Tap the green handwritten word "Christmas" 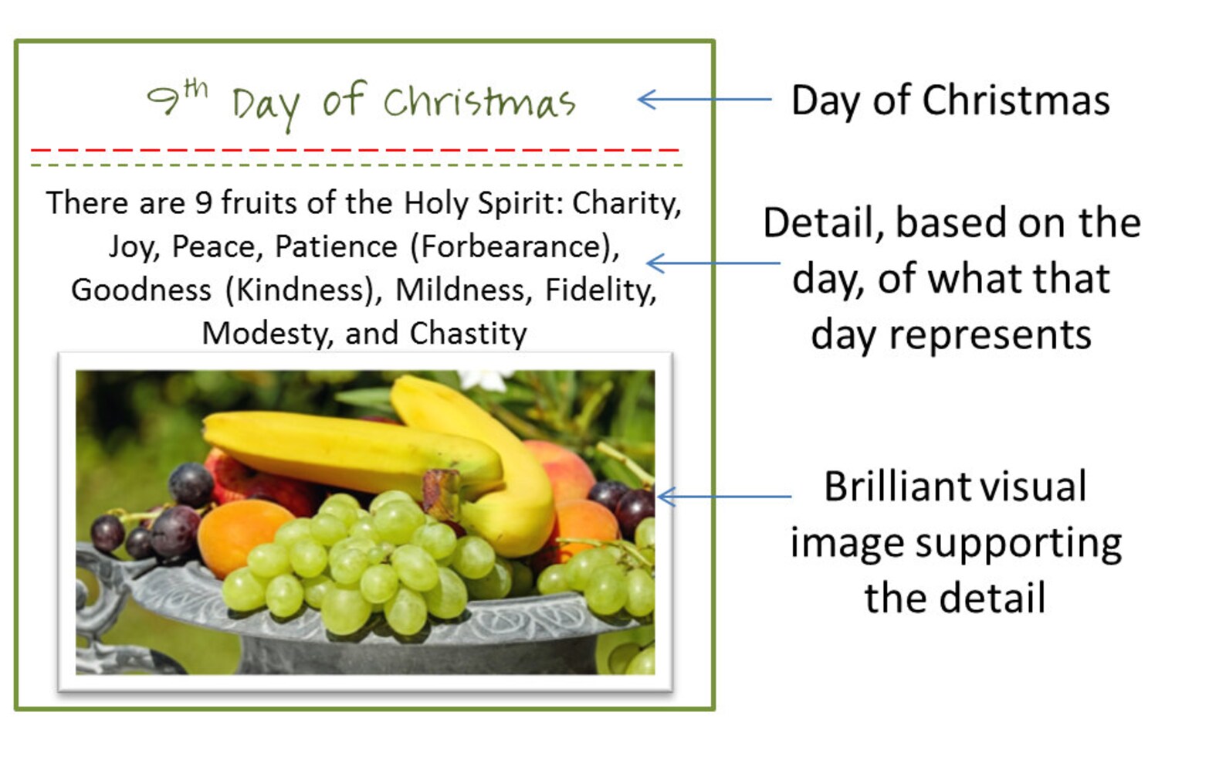tap(479, 103)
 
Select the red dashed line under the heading tap(355, 150)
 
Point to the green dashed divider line tap(355, 165)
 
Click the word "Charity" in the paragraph tap(626, 203)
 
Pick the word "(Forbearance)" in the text tap(514, 247)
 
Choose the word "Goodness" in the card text tap(141, 290)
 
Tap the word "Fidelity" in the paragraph tap(600, 290)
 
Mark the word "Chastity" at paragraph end tap(468, 334)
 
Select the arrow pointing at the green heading tap(704, 99)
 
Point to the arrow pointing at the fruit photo tap(723, 496)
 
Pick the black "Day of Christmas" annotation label tap(950, 100)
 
